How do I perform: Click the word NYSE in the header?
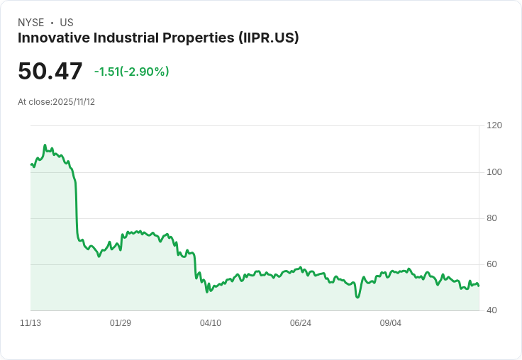point(31,23)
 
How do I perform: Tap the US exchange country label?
point(67,23)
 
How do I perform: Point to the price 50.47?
point(50,72)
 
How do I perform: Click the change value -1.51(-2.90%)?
point(131,72)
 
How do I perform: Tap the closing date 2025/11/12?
point(74,102)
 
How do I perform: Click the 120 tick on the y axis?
point(494,125)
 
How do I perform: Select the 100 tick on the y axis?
point(494,172)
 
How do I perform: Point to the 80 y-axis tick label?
point(492,218)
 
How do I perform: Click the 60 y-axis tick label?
point(492,264)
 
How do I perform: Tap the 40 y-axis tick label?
point(492,310)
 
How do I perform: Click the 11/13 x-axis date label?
point(30,323)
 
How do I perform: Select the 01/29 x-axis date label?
point(121,323)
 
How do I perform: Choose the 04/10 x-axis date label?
point(211,323)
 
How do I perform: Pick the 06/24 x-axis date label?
point(301,323)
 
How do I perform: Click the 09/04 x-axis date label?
point(391,323)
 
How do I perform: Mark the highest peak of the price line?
point(45,145)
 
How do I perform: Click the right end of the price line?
point(479,286)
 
